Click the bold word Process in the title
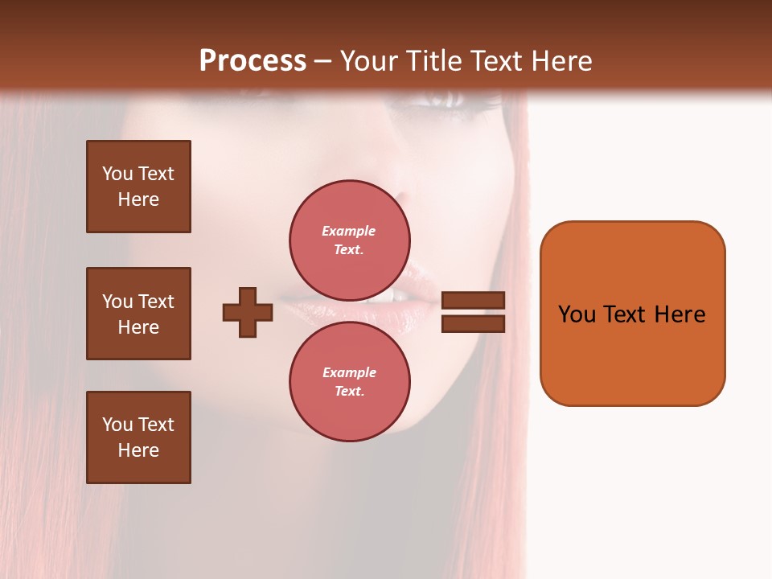[253, 61]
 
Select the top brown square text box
[138, 187]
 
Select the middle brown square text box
[138, 314]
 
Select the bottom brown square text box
[138, 437]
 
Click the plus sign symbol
[248, 312]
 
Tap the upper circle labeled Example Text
[350, 240]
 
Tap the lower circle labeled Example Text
[350, 381]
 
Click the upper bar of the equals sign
[474, 301]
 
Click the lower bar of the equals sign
[474, 323]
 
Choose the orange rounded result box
[632, 314]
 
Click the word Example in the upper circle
[349, 231]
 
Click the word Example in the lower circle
[349, 372]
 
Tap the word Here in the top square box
[138, 199]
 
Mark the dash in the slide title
[322, 62]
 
